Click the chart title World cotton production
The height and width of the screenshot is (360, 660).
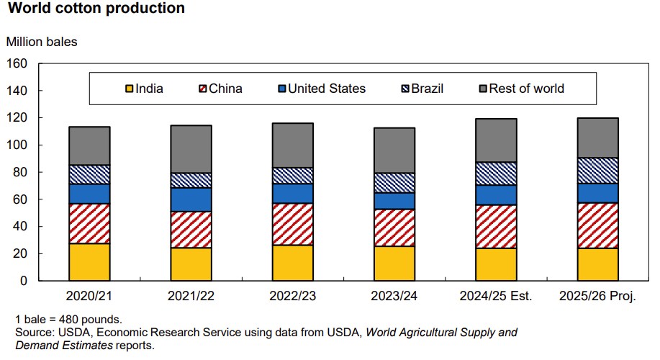(96, 9)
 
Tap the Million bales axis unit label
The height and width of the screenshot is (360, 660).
(42, 42)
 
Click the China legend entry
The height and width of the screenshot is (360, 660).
(220, 89)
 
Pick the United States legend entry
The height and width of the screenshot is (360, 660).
(321, 89)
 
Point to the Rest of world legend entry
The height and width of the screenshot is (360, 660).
(520, 89)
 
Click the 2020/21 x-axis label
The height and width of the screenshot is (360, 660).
(89, 297)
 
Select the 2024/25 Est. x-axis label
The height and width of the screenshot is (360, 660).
(496, 297)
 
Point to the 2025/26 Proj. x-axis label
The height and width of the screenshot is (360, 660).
(597, 297)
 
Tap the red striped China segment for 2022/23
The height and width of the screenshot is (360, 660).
(293, 224)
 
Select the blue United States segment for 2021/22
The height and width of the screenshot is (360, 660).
(191, 199)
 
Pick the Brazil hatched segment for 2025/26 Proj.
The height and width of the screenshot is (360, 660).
(598, 171)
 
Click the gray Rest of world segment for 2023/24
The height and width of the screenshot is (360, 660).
(394, 150)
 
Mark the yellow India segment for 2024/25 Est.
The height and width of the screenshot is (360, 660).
(496, 264)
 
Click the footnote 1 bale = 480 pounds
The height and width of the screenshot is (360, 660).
(68, 319)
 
